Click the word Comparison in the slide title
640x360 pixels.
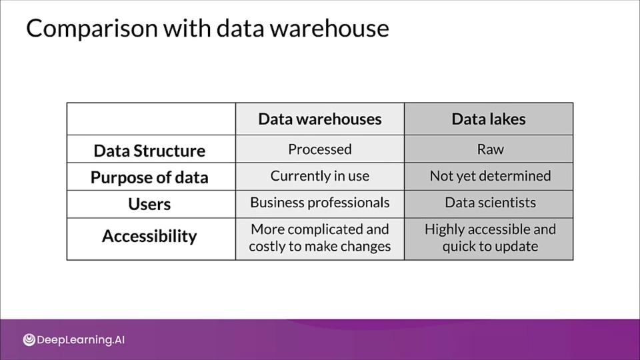[92, 29]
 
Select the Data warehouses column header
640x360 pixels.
[320, 119]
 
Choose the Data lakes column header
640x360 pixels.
[489, 119]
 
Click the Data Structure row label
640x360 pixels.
[149, 151]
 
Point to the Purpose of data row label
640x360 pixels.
[149, 177]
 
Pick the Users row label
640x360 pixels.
[149, 204]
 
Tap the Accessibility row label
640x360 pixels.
[149, 236]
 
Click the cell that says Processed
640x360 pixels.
[320, 149]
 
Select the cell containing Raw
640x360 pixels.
[489, 149]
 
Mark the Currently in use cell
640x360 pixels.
[320, 176]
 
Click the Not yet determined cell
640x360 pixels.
[489, 176]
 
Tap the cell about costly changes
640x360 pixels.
[320, 239]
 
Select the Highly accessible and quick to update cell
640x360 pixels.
[489, 239]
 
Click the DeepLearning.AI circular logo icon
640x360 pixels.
[29, 339]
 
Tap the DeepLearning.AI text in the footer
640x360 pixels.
[81, 340]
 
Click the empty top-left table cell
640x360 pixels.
[151, 119]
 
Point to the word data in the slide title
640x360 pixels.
[240, 29]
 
